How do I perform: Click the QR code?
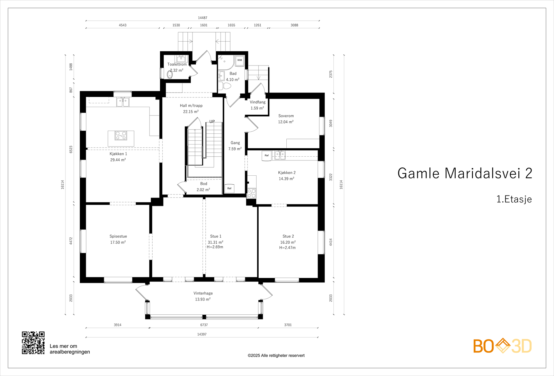(x=33, y=343)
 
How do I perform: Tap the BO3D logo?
(x=502, y=346)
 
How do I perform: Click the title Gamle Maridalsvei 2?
(x=465, y=173)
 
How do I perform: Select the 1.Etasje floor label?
(x=514, y=199)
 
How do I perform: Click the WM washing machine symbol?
(x=239, y=60)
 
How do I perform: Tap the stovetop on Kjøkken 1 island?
(x=121, y=135)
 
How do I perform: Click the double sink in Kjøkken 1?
(x=123, y=102)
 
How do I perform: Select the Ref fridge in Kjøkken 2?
(x=267, y=156)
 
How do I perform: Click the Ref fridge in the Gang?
(x=229, y=189)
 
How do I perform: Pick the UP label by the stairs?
(x=212, y=122)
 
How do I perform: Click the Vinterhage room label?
(x=203, y=293)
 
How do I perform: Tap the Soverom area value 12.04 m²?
(x=286, y=122)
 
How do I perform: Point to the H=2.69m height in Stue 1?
(x=215, y=247)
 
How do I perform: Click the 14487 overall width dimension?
(x=203, y=18)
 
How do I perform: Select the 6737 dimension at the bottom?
(x=204, y=325)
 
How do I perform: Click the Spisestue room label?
(x=118, y=236)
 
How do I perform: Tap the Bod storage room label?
(x=204, y=184)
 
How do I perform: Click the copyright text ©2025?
(x=276, y=356)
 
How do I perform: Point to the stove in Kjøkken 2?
(x=251, y=193)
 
